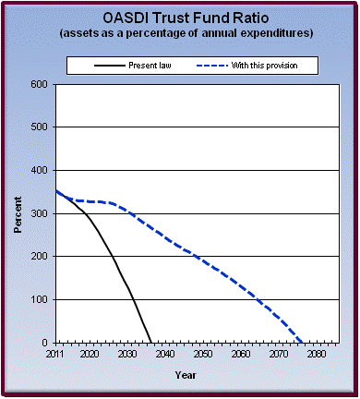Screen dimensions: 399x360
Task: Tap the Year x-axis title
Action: coord(186,375)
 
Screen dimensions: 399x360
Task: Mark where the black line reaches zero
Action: coord(151,343)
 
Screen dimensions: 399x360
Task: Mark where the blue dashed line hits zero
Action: coord(302,343)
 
